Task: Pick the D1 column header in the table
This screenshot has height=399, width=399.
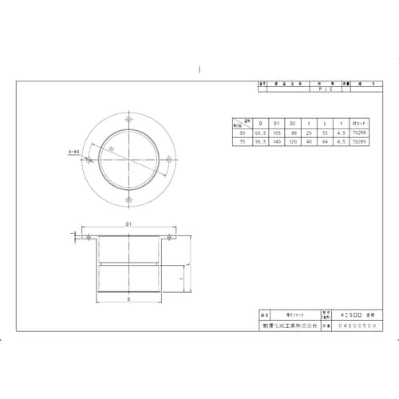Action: pos(276,124)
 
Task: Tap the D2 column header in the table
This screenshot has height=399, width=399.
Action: pos(293,124)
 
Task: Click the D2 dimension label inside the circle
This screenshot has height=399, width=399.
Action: pos(112,149)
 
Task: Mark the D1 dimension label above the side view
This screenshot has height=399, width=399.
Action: pos(128,227)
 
